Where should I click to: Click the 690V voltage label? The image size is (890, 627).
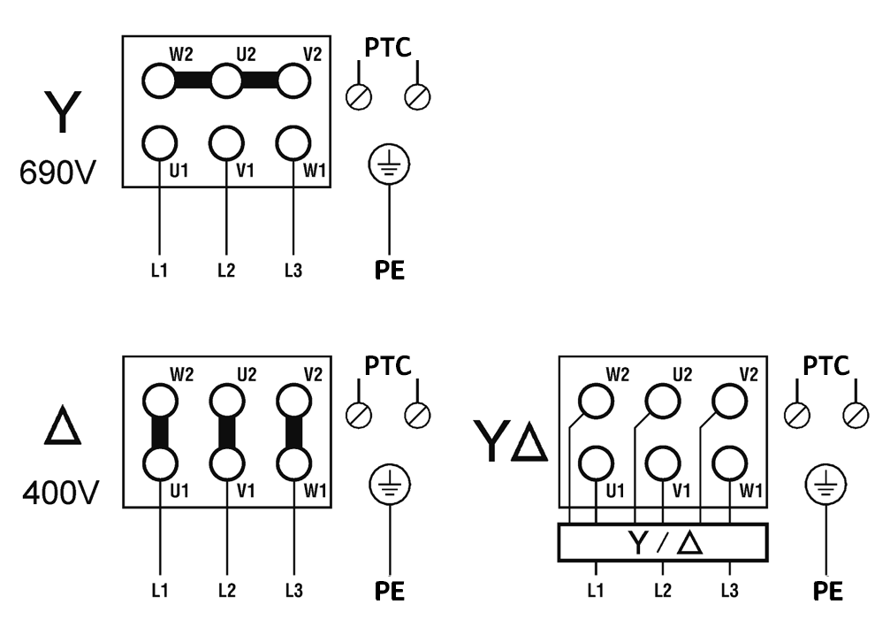[59, 172]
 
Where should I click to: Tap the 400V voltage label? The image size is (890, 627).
[59, 492]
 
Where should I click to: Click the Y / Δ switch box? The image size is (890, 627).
[663, 541]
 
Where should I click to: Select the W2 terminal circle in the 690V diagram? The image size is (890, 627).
[159, 81]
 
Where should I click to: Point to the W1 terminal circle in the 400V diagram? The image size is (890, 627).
[293, 461]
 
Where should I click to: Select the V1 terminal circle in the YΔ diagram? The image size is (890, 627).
[663, 461]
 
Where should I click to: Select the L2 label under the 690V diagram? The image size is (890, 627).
[226, 269]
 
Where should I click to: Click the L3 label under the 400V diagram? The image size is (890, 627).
[293, 589]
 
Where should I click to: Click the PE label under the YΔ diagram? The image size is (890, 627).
[825, 591]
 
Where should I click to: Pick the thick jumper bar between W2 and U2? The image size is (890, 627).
[193, 81]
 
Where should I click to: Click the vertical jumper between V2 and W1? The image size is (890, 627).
[293, 432]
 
